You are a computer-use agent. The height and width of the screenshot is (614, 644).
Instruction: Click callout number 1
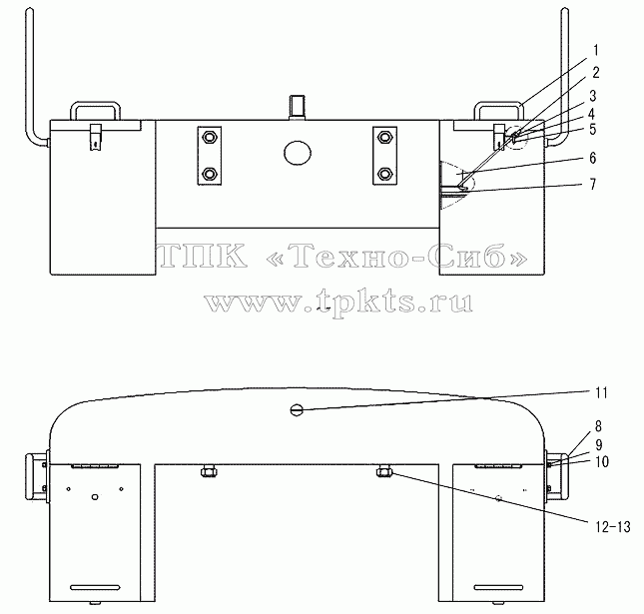(596, 51)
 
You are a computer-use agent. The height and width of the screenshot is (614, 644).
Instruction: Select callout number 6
(593, 158)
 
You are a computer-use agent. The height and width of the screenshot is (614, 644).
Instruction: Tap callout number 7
(593, 185)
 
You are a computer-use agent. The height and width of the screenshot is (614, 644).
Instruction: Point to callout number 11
(601, 393)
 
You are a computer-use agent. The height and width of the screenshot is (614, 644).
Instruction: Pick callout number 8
(598, 426)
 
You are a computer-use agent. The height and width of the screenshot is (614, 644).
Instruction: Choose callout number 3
(593, 96)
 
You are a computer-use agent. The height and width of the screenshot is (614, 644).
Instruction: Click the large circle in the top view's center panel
(298, 153)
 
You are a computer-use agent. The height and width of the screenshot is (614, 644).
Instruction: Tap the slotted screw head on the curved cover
(297, 409)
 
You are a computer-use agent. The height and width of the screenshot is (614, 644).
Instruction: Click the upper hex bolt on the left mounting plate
(210, 137)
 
